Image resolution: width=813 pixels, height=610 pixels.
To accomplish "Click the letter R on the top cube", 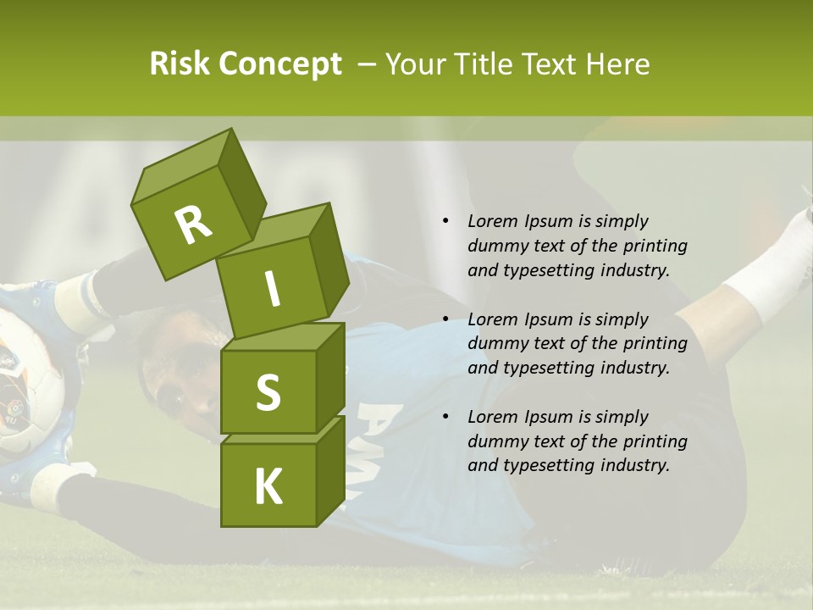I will click(193, 225).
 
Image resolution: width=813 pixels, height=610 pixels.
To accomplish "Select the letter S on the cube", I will click(268, 392).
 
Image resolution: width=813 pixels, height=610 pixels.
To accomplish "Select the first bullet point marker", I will click(445, 222).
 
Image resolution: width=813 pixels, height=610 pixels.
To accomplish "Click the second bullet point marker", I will click(445, 319).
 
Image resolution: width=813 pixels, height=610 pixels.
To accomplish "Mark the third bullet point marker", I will click(445, 417).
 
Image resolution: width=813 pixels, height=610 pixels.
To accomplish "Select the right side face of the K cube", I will click(330, 470).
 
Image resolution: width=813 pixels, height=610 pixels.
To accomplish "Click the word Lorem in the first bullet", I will click(490, 221).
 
